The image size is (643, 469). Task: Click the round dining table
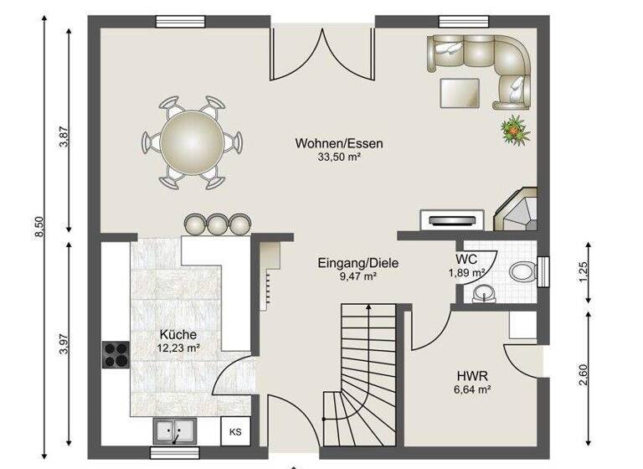coord(192,141)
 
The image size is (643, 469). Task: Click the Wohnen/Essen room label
coord(338,143)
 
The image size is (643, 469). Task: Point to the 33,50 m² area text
coord(338,157)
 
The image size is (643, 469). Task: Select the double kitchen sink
coord(175,432)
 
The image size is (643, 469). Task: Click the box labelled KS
coord(235,432)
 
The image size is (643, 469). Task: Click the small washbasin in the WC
coord(483,291)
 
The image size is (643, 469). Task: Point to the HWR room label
coord(472,375)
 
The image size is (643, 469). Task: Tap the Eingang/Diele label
coord(358,263)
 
